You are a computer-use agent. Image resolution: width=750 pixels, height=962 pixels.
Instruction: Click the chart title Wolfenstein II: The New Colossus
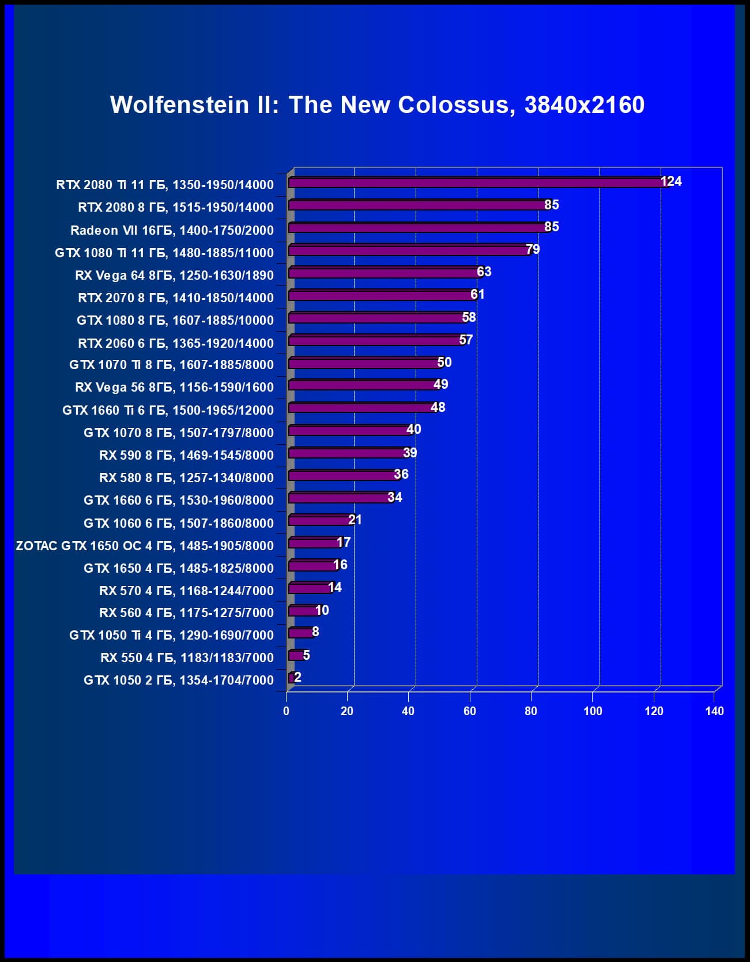[377, 105]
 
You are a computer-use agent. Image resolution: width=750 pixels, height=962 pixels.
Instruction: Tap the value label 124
[671, 182]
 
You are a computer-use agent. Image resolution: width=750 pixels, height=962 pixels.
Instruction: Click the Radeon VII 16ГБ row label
[172, 230]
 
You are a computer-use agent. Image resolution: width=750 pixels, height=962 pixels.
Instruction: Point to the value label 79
[533, 249]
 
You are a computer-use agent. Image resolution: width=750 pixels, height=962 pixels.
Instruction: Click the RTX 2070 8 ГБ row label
[176, 298]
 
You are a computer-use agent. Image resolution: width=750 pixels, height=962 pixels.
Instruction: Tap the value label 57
[466, 340]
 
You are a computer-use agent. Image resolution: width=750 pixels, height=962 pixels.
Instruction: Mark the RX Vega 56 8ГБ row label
[174, 387]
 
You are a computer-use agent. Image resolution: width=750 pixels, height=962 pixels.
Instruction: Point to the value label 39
[410, 453]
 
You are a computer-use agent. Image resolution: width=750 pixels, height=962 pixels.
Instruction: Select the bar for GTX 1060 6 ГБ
[320, 521]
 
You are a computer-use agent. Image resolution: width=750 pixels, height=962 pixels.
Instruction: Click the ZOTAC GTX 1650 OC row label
[145, 546]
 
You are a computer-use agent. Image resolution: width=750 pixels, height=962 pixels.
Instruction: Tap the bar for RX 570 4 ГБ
[310, 588]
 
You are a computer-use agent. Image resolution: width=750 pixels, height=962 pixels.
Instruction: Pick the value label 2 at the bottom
[297, 677]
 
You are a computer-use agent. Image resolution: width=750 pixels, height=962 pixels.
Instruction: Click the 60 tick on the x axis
[470, 711]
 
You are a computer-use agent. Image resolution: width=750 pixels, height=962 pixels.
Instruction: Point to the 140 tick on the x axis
[714, 711]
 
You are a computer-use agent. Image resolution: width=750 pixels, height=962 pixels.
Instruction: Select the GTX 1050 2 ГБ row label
[179, 680]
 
